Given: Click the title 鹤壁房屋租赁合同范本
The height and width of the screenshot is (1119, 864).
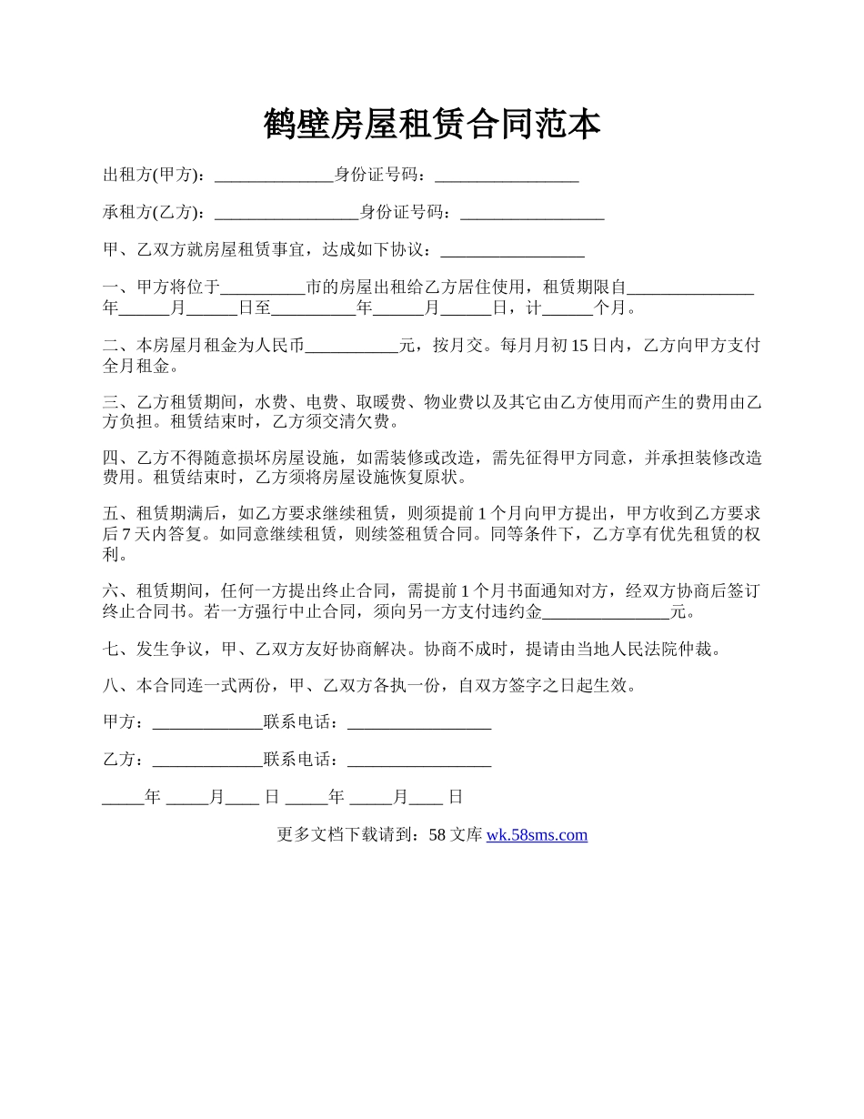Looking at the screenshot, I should pyautogui.click(x=432, y=125).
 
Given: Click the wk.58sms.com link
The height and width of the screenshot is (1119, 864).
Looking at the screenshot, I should pyautogui.click(x=537, y=835).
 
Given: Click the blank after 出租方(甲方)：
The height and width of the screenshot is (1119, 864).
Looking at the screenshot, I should pyautogui.click(x=274, y=176).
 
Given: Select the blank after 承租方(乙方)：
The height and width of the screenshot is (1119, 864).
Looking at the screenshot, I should pyautogui.click(x=286, y=214).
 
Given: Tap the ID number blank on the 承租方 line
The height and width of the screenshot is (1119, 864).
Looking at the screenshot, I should pyautogui.click(x=532, y=214).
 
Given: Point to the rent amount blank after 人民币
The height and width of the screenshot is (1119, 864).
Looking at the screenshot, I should pyautogui.click(x=353, y=347).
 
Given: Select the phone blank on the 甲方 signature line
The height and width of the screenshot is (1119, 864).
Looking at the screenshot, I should pyautogui.click(x=419, y=723).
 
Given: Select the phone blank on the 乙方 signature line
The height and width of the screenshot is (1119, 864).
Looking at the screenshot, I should pyautogui.click(x=419, y=761).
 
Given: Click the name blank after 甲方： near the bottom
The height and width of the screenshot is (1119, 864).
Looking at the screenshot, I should pyautogui.click(x=207, y=723).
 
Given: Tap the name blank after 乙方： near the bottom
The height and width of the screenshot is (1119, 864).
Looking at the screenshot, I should pyautogui.click(x=207, y=761).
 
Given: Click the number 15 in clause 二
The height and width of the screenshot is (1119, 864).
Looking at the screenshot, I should pyautogui.click(x=581, y=346).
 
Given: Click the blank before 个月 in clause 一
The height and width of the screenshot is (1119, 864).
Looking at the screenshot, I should pyautogui.click(x=568, y=309).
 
